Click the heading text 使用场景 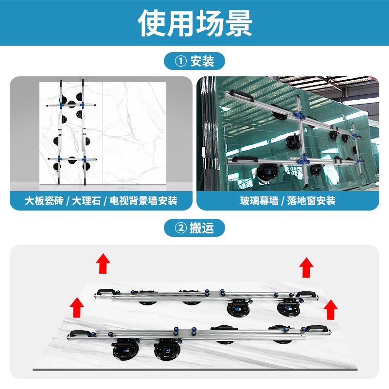194,23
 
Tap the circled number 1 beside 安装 180,61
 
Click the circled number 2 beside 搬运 180,228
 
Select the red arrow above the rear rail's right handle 306,267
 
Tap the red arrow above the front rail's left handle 75,308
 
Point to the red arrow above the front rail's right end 331,309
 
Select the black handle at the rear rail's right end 306,293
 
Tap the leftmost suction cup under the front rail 127,349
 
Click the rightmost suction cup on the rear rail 288,307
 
